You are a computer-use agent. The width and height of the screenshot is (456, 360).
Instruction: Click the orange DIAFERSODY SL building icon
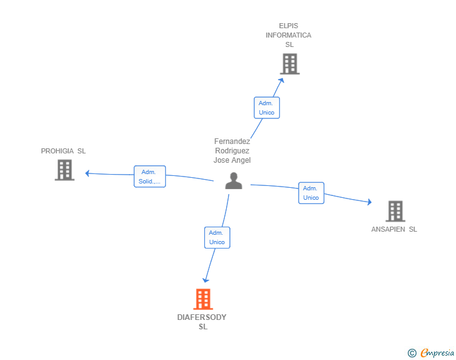[x=202, y=299]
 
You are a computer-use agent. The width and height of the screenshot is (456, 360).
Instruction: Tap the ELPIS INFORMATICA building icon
[x=289, y=64]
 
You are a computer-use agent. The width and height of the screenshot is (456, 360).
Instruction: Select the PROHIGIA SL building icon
[x=65, y=170]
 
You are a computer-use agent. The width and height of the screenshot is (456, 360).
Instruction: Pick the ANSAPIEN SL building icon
[x=395, y=212]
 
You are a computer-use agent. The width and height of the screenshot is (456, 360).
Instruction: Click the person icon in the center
[x=234, y=181]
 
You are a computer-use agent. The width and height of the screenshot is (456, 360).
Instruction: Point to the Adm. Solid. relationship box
[x=150, y=177]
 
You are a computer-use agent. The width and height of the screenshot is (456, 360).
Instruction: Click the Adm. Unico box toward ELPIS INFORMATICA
[x=267, y=108]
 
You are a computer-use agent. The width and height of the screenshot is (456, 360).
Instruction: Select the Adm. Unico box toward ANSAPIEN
[x=311, y=193]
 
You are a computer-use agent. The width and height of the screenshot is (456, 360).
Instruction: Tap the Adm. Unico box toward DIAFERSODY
[x=217, y=237]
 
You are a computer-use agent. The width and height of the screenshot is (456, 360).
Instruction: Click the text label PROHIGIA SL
[x=63, y=151]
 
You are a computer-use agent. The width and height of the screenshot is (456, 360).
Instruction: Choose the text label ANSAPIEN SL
[x=394, y=229]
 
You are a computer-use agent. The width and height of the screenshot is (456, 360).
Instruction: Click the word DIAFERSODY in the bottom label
[x=202, y=317]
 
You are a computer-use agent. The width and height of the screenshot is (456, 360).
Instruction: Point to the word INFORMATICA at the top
[x=289, y=35]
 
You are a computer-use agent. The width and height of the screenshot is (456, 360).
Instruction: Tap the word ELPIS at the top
[x=289, y=26]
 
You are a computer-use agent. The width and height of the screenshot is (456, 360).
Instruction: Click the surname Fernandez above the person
[x=232, y=141]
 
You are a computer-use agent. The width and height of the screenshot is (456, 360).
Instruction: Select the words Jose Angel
[x=232, y=160]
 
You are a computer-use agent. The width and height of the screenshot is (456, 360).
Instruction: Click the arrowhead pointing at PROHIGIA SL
[x=88, y=173]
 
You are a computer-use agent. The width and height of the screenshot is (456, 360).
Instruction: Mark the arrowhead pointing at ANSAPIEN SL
[x=369, y=202]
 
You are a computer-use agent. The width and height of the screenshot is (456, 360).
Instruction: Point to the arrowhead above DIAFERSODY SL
[x=205, y=280]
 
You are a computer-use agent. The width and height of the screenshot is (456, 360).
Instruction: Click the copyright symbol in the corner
[x=412, y=353]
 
